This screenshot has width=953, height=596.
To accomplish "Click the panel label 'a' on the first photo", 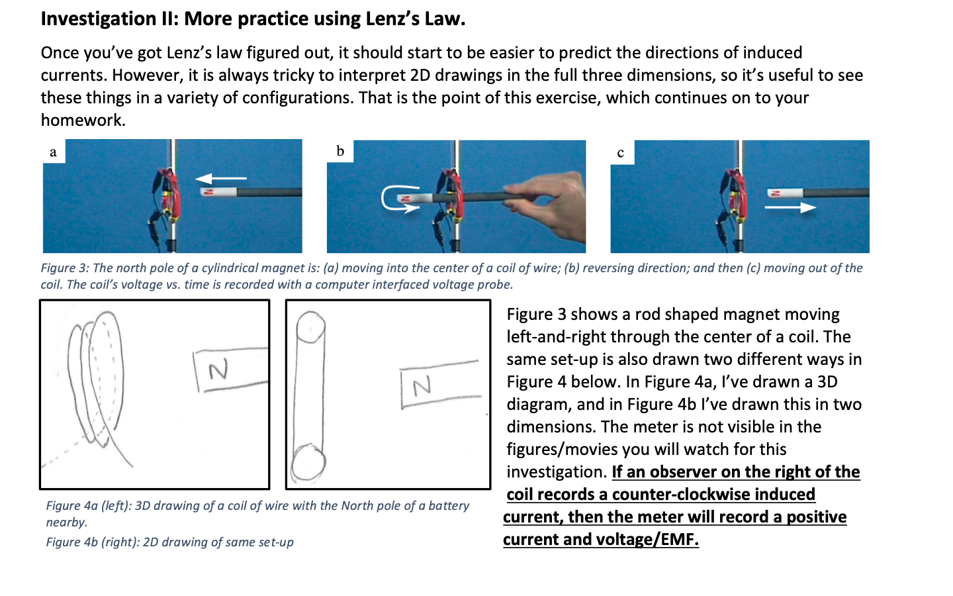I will pyautogui.click(x=54, y=152).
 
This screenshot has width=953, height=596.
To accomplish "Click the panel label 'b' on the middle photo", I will pyautogui.click(x=340, y=152).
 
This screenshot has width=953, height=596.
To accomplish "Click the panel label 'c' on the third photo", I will pyautogui.click(x=621, y=153).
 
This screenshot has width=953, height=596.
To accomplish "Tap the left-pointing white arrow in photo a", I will pyautogui.click(x=220, y=178).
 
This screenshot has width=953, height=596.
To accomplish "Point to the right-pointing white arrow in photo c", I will pyautogui.click(x=790, y=208).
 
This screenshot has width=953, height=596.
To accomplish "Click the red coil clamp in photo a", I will pyautogui.click(x=166, y=192).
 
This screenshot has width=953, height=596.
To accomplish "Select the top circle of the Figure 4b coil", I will pyautogui.click(x=310, y=326).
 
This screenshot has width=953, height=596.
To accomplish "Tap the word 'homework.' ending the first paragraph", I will pyautogui.click(x=83, y=120).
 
